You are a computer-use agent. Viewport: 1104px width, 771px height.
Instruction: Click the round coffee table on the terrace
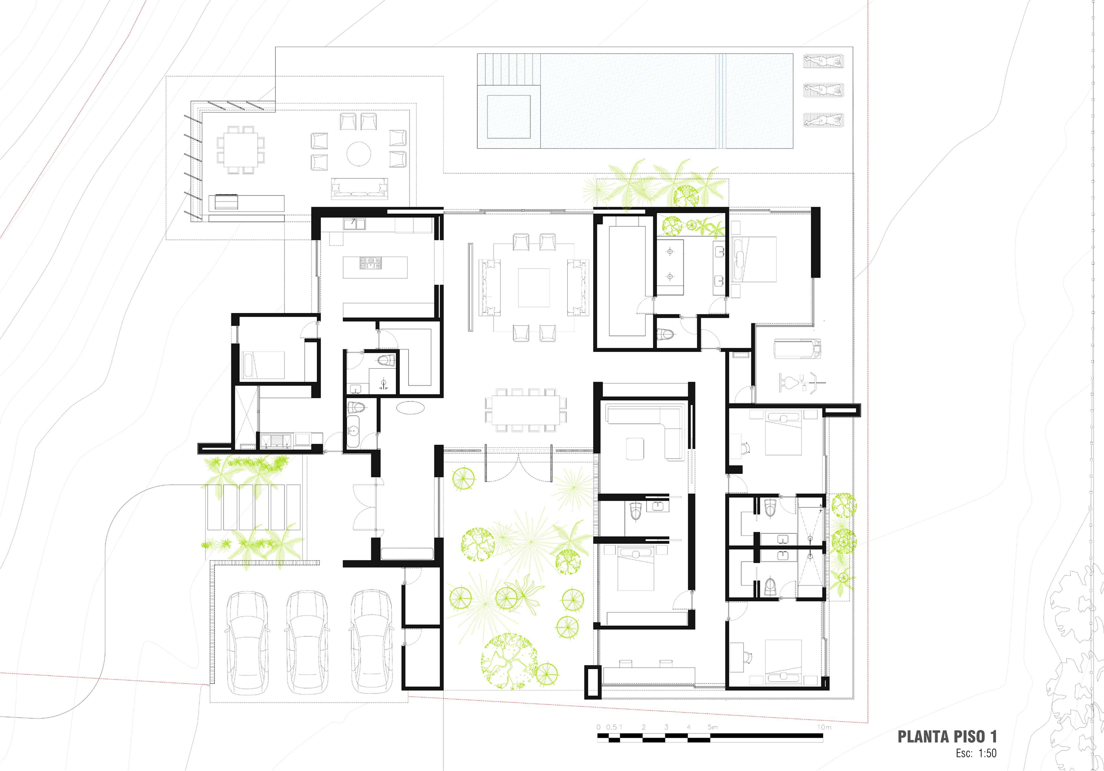(359, 154)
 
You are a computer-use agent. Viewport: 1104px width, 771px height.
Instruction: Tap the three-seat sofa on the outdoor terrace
(359, 188)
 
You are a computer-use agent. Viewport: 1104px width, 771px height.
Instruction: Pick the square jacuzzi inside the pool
(509, 117)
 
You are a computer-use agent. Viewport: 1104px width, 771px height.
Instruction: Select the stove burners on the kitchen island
(370, 262)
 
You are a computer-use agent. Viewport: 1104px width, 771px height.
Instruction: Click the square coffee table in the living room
(534, 288)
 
